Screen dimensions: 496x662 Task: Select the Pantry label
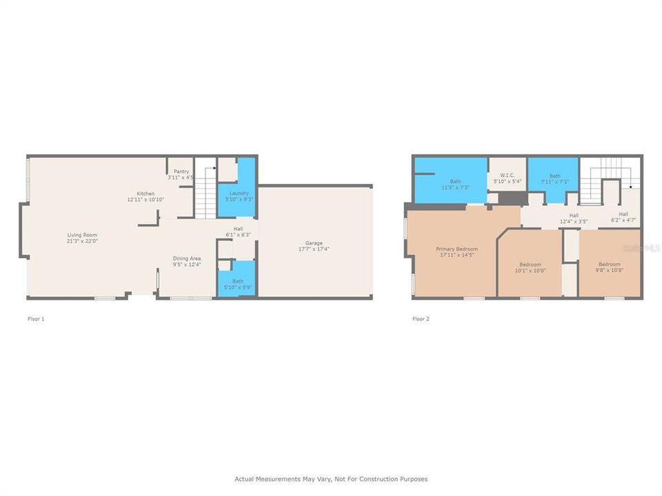click(181, 172)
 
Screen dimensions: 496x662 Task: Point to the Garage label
click(314, 243)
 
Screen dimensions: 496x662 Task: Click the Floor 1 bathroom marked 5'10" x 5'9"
click(237, 283)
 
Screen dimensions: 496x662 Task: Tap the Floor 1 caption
click(36, 319)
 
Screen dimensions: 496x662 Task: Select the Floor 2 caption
click(421, 319)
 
